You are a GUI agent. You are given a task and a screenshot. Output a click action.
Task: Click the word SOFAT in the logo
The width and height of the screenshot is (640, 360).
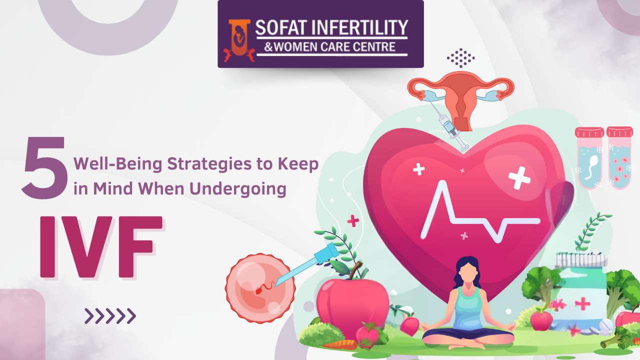click(280, 27)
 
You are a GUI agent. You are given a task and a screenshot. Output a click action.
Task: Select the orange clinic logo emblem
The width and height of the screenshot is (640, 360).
click(239, 40)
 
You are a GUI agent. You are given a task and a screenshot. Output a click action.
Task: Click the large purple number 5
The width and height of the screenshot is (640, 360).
click(45, 167)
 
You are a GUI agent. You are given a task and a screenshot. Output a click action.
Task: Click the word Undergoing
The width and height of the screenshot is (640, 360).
click(237, 189)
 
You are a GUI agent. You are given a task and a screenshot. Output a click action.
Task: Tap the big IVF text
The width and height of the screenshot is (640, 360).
click(101, 247)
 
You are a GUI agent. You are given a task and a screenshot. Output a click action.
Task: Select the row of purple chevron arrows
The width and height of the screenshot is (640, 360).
click(110, 316)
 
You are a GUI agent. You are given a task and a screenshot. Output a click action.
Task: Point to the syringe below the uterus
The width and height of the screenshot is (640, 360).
click(448, 124)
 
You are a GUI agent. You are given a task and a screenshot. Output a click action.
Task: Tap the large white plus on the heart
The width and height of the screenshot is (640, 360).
click(519, 178)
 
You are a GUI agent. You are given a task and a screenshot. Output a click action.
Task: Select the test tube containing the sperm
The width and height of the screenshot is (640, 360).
click(589, 158)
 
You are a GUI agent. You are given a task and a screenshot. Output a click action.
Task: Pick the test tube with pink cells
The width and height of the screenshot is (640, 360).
click(619, 158)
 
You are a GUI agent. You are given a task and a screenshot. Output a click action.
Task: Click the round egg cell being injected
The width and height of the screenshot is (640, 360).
click(260, 288)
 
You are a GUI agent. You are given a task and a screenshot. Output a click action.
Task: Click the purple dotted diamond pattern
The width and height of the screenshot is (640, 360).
click(461, 58)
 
